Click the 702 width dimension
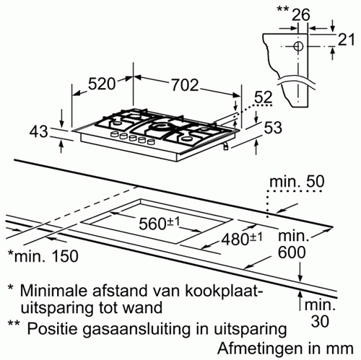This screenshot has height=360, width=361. pos(185,85)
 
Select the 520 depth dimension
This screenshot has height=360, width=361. pos(102,84)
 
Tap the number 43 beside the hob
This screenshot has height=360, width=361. pos(39,132)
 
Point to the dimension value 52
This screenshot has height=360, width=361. pos(263,97)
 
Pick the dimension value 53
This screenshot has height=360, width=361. pos(273,128)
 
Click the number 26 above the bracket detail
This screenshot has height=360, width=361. pos(301,14)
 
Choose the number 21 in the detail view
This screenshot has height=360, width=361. pos(347,39)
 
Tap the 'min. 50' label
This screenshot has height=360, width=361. pos(297,182)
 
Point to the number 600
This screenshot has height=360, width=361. pos(292,253)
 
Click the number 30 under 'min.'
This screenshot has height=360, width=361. pos(320,321)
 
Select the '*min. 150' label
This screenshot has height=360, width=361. pos(43,256)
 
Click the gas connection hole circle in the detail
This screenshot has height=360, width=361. pos(298,46)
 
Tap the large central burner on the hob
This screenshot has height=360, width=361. pos(160,126)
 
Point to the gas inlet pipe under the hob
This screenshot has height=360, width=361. pos(225,146)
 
